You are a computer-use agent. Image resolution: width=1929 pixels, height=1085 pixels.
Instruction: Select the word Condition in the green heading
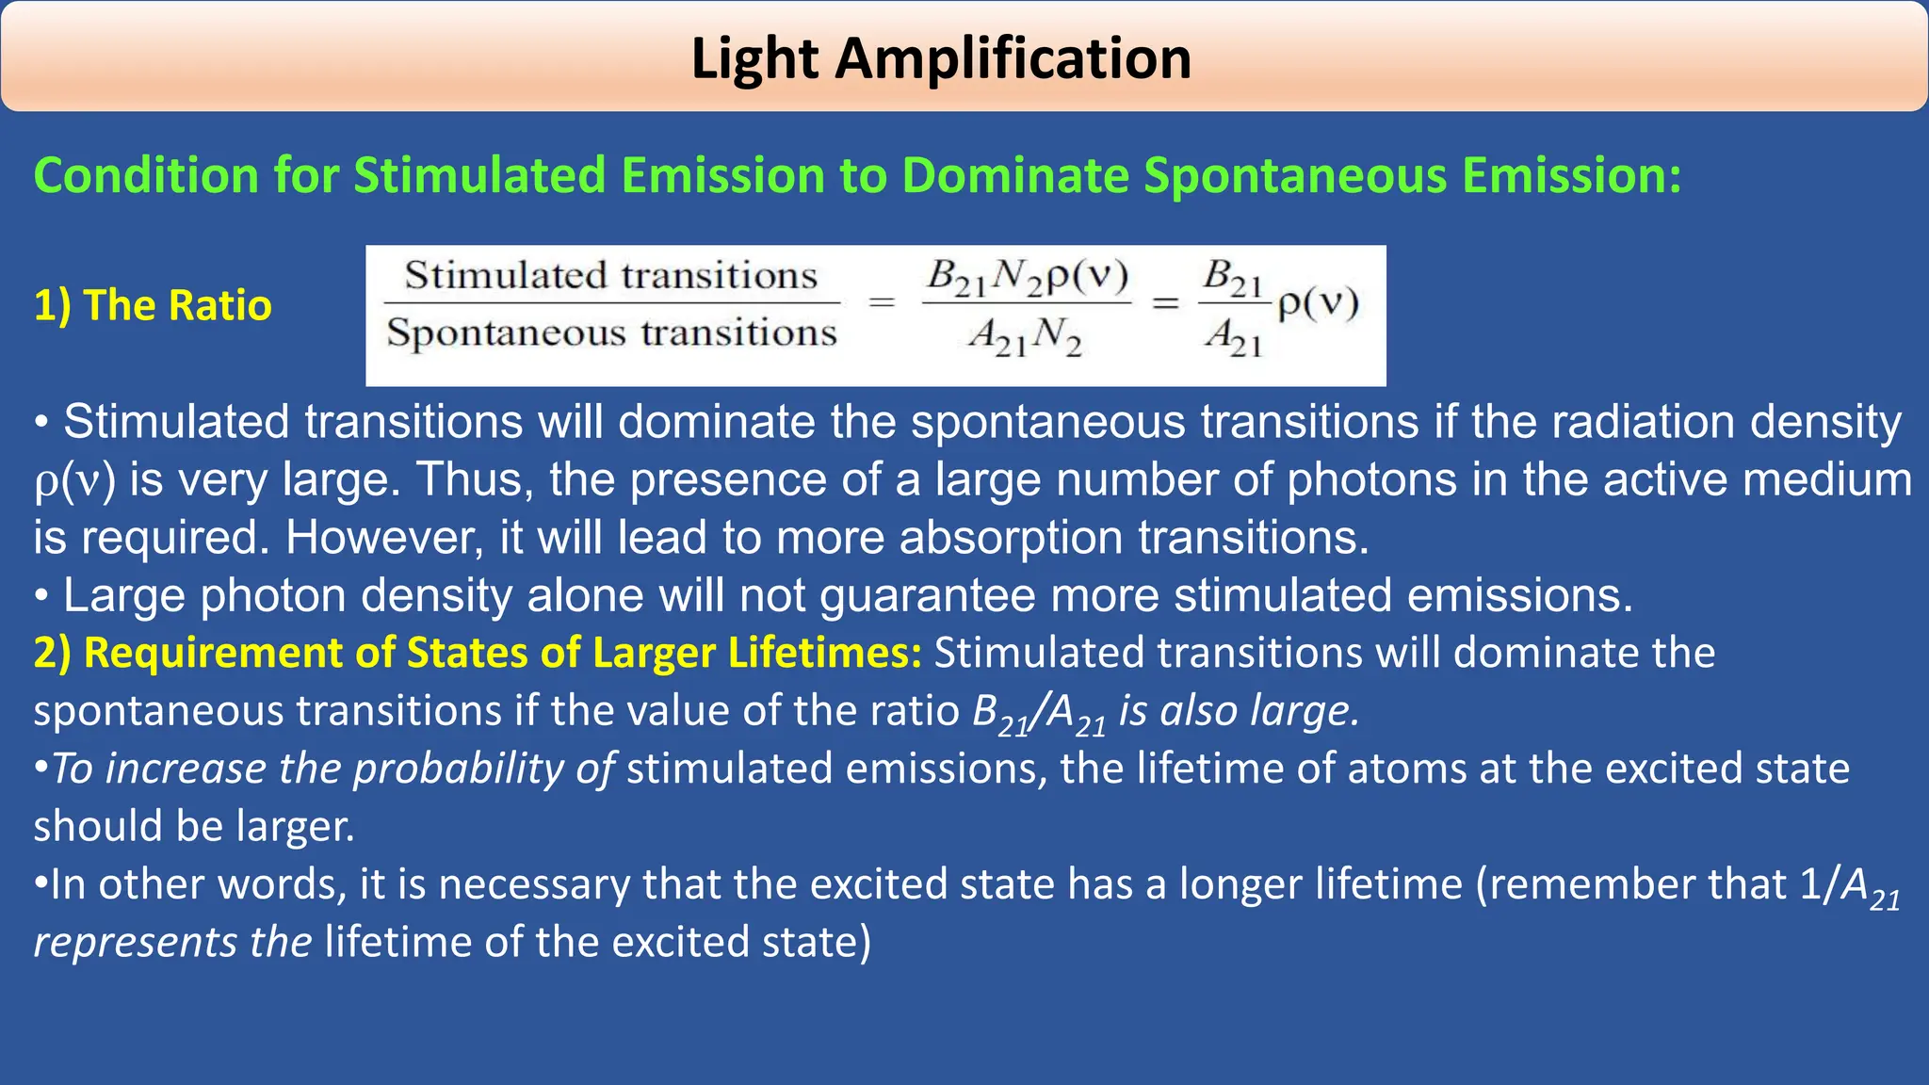tap(146, 175)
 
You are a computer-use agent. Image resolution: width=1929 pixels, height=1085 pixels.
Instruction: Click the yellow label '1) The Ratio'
tap(153, 305)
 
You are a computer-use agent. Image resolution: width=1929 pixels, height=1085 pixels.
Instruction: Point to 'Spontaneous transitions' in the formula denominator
tap(611, 332)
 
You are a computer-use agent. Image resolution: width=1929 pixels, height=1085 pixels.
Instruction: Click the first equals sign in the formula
tap(882, 303)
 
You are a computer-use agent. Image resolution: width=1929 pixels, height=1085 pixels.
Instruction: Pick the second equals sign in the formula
tap(1166, 303)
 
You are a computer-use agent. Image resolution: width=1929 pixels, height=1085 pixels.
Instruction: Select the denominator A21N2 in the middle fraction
tap(1026, 335)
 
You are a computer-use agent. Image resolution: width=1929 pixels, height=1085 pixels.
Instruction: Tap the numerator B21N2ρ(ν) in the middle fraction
tap(1027, 276)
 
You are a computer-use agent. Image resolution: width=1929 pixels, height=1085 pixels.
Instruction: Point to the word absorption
tap(1012, 538)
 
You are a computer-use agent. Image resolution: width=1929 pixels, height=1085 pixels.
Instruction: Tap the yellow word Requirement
tap(212, 653)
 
